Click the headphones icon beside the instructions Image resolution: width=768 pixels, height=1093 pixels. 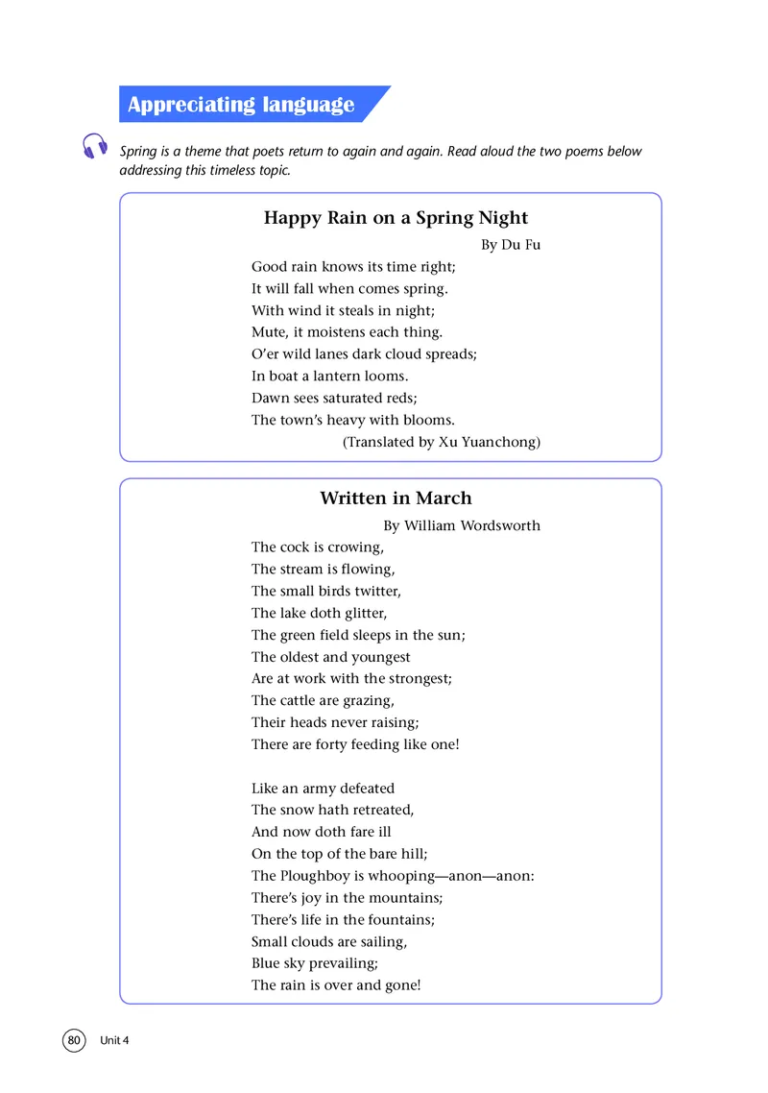tap(94, 146)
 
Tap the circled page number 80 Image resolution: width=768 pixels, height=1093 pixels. tap(75, 1040)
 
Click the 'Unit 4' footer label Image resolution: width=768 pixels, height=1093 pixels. tap(114, 1041)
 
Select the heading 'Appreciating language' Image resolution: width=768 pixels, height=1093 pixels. tap(241, 105)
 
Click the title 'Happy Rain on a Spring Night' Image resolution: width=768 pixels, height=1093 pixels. tap(396, 218)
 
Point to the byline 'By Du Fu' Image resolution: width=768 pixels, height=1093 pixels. tap(511, 245)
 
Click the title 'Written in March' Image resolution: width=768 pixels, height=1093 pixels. tap(396, 498)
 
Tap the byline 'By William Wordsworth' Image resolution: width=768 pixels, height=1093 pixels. tap(462, 525)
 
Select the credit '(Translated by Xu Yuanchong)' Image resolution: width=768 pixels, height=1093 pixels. tap(442, 442)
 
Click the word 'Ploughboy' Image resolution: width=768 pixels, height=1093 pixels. tap(314, 876)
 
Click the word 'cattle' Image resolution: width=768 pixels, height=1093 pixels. tap(302, 700)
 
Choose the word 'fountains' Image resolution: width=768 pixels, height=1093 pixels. tap(399, 919)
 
